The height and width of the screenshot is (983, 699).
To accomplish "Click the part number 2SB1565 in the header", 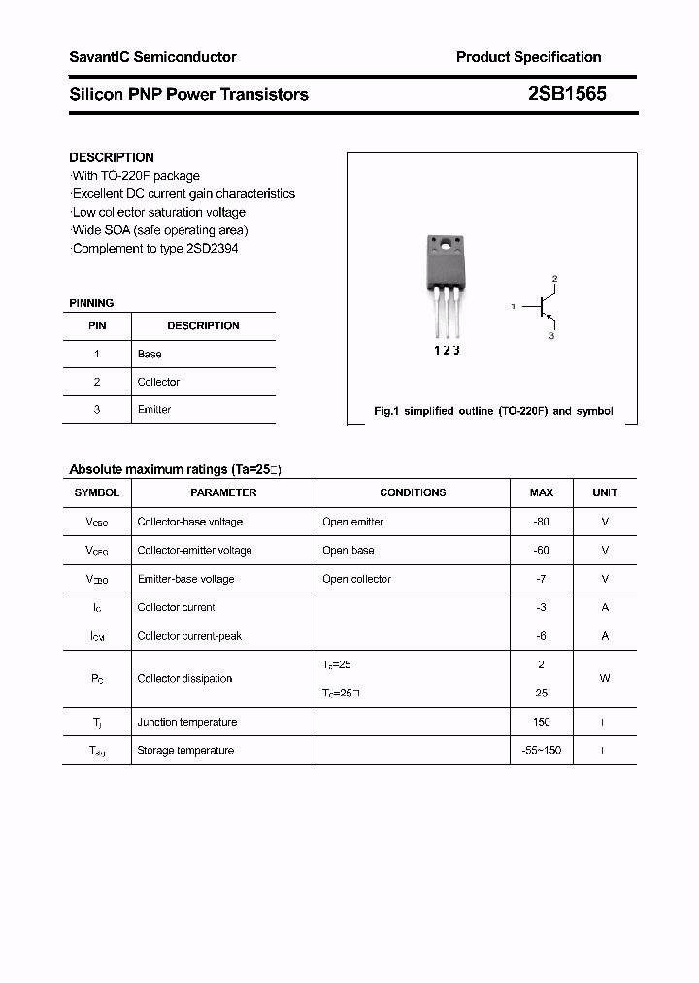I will pos(567,94).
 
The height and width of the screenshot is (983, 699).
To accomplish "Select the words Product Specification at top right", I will pos(528,57).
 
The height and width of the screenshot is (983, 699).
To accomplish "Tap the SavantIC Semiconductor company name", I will pos(152,57).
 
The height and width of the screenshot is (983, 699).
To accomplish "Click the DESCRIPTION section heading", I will pos(112,157).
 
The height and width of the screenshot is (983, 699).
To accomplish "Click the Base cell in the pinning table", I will pos(150,354).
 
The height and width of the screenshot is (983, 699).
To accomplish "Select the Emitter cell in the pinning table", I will pos(154,409).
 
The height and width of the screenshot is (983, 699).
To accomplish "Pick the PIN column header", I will pos(97,325).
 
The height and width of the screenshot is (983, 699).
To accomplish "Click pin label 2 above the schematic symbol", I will pos(554,280).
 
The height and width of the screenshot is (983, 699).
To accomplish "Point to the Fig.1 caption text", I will pos(493,411).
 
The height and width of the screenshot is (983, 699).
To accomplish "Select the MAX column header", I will pos(541,492).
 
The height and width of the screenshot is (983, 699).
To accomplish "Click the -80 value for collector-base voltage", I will pos(541,522).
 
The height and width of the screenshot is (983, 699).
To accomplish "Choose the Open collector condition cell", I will pos(356,579).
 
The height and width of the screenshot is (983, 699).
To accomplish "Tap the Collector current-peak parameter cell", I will pos(189,636).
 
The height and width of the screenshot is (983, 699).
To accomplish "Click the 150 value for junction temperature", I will pos(541,722).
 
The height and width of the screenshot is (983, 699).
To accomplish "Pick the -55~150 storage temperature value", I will pos(541,750).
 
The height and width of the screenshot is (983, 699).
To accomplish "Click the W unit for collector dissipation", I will pos(605,678).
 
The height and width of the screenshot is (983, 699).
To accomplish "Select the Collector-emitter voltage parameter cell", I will pos(194,550).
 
